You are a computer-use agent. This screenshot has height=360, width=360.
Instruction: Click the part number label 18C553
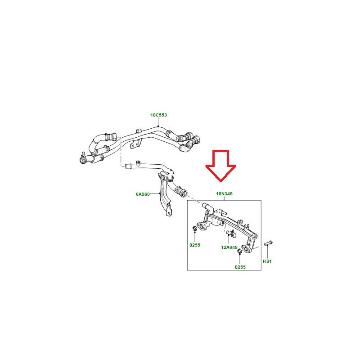click(158, 115)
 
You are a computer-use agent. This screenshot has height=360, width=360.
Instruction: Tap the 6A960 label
click(143, 194)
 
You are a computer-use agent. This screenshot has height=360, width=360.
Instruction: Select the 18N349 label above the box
click(224, 194)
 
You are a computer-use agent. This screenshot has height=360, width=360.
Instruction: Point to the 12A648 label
click(229, 247)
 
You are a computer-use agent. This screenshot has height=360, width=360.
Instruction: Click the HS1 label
click(267, 261)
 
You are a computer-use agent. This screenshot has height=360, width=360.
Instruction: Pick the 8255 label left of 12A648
click(195, 245)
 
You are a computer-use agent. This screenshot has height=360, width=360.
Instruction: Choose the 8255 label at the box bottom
click(240, 267)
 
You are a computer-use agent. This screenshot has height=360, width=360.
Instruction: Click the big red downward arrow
click(220, 166)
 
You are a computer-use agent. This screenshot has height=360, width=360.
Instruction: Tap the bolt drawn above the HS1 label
click(268, 243)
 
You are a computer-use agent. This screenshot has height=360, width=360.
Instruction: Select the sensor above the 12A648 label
click(230, 233)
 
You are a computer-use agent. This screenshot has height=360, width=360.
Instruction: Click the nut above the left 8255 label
click(195, 229)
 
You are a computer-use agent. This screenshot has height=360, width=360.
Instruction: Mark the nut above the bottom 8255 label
click(239, 252)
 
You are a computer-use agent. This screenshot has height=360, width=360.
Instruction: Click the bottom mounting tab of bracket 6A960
click(169, 213)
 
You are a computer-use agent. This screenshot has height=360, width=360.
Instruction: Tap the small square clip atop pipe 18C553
click(138, 131)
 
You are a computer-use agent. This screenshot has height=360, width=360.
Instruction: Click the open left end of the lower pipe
click(126, 166)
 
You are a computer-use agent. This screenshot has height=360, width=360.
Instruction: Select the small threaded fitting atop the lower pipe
click(138, 163)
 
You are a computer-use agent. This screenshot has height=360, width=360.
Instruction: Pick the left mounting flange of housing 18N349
click(202, 226)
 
